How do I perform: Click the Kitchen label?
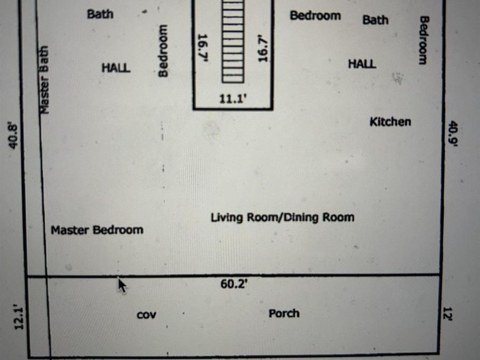point(390,122)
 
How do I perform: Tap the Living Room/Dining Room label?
point(283,218)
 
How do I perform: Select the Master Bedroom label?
point(97,230)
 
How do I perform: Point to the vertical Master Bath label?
point(44,79)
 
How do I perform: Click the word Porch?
point(284,314)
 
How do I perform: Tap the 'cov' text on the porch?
point(146,315)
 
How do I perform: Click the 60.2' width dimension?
point(234,284)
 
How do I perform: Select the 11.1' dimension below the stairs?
point(233,99)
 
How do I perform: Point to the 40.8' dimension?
point(13,136)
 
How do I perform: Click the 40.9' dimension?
point(453,134)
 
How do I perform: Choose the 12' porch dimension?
point(447,314)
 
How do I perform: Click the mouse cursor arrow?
point(122,285)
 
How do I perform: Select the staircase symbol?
point(233,41)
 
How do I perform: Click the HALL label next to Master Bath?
point(116,68)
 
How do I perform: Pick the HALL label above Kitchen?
point(362,63)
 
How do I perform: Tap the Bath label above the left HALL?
point(100,14)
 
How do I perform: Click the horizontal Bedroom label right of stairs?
point(315,15)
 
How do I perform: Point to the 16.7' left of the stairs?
point(203,48)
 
